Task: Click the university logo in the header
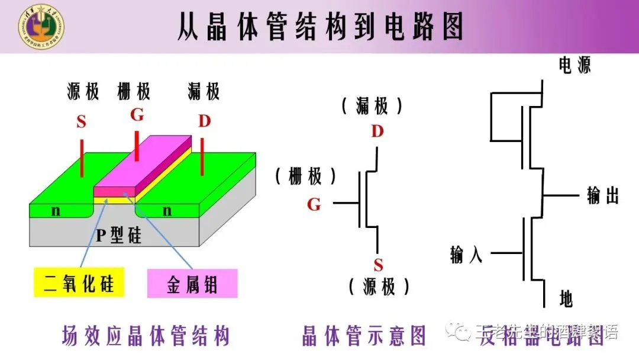click(x=41, y=27)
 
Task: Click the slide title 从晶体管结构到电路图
click(x=319, y=27)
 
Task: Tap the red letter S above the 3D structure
click(x=82, y=123)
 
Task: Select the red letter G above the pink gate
click(x=137, y=115)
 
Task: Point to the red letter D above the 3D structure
click(x=204, y=122)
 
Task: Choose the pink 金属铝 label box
click(x=192, y=284)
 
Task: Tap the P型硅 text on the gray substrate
click(x=119, y=236)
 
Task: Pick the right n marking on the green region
click(x=167, y=210)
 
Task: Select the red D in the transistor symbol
click(x=377, y=131)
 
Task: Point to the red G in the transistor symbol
click(x=314, y=205)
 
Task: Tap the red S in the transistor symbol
click(x=379, y=265)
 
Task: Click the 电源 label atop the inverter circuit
click(x=575, y=65)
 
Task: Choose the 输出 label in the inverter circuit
click(x=602, y=196)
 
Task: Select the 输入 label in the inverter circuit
click(x=466, y=255)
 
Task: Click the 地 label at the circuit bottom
click(x=566, y=299)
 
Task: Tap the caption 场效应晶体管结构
click(x=146, y=336)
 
